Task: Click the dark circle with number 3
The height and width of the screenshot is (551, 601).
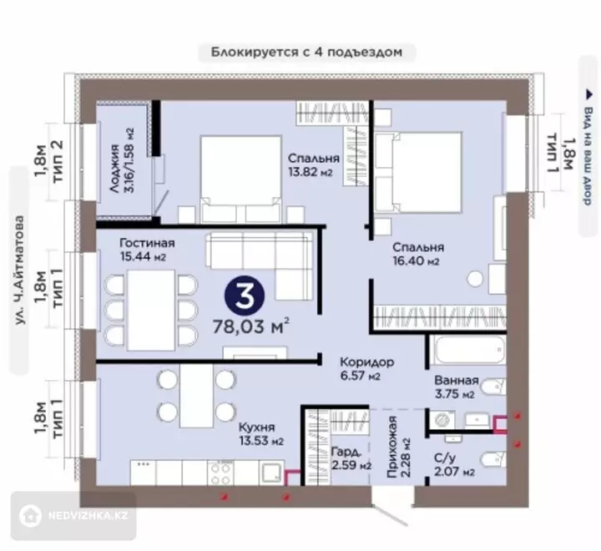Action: point(245,296)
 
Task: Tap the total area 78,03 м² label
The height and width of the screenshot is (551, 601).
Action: point(251,326)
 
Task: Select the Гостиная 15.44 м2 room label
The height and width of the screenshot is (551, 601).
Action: point(147,250)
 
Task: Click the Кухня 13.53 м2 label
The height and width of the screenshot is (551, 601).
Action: point(261,434)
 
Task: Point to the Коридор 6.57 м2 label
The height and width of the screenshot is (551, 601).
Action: point(366,368)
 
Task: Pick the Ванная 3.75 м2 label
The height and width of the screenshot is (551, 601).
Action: point(456,387)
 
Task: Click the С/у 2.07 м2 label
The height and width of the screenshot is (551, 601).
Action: point(454,464)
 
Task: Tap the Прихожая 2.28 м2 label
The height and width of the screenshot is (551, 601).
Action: point(399,447)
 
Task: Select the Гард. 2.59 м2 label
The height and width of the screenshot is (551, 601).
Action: point(351,458)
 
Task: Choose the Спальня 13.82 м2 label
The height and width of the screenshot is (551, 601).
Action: point(314,164)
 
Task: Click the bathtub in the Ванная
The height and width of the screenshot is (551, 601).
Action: point(467,350)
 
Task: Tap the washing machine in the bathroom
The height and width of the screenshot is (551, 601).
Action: point(442,419)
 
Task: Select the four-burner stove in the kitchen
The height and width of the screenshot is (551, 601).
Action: point(220,473)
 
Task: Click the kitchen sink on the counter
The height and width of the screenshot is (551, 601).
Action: point(271,473)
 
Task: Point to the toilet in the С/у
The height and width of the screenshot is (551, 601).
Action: point(493,459)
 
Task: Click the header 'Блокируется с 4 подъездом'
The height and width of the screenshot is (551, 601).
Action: point(306,52)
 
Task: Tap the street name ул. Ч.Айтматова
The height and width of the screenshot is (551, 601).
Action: point(19,270)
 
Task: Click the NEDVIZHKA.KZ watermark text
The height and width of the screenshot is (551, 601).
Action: point(88,515)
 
